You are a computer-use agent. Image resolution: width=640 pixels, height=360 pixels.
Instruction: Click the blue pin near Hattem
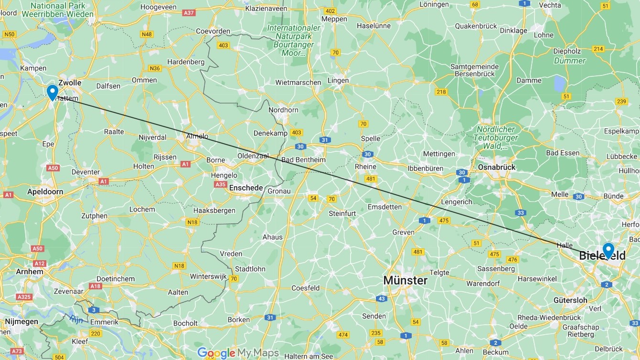pos(52,92)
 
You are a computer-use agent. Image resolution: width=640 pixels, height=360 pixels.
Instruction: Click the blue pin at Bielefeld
pos(608,250)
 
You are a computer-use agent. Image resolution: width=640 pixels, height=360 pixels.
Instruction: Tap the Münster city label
pos(405,281)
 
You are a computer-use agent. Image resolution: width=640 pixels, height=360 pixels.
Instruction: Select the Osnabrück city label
pos(497,167)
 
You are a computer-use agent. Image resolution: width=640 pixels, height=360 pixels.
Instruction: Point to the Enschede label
pos(246,188)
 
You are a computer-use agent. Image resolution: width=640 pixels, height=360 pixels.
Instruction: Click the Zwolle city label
pos(70,83)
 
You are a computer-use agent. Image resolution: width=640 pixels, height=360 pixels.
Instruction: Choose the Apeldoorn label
pos(45,191)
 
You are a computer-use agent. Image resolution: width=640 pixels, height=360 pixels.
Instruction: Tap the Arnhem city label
pos(29,271)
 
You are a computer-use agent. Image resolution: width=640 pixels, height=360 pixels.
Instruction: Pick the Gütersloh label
pos(570,300)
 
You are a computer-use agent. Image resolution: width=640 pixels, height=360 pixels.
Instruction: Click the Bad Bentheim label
pos(303,159)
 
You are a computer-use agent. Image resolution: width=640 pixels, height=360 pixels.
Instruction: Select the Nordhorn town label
pos(284,110)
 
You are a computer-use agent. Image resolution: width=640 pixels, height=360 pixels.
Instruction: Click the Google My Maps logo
pos(238,353)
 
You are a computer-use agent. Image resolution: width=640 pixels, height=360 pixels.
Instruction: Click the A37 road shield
pos(189,13)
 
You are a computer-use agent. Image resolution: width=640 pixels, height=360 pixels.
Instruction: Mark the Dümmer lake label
pos(569,61)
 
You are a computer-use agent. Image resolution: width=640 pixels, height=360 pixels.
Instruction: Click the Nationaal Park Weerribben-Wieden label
pos(62,10)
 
